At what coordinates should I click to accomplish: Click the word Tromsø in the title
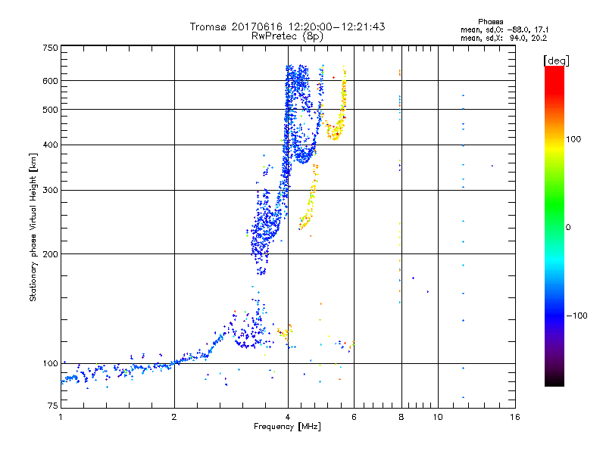coord(209,26)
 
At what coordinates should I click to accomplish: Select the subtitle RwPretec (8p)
coord(287,36)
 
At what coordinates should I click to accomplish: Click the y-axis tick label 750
coord(50,48)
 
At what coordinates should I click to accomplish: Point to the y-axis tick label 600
coord(50,81)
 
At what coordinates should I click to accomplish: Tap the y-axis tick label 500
coord(50,110)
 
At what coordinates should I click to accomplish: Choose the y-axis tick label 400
coord(50,145)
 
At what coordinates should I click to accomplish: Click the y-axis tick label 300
coord(50,190)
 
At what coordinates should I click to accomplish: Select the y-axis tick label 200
coord(50,254)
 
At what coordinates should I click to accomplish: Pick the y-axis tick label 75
coord(52,407)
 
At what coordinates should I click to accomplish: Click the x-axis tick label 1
coord(61,417)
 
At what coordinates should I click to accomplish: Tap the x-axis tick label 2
coord(174,417)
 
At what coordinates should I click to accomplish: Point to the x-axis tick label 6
coord(354,417)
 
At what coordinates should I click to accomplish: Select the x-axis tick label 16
coord(514,417)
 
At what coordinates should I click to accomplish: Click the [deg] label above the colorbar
coord(557,60)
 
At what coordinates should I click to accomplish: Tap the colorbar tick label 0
coord(570,227)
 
